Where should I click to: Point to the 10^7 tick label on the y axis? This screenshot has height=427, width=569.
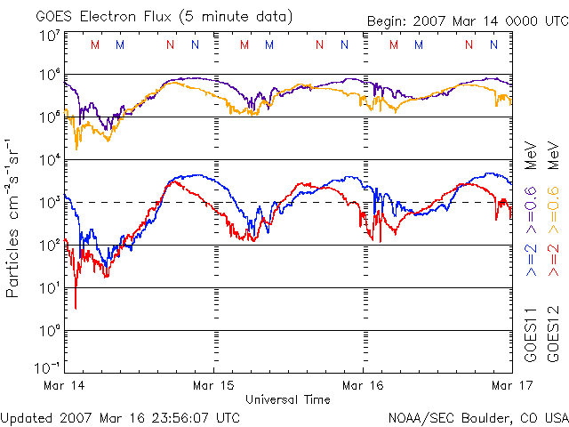49,36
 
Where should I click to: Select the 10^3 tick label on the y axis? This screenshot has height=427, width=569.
49,203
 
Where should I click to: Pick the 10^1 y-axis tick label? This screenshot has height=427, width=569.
49,288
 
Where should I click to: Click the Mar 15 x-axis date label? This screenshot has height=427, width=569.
214,387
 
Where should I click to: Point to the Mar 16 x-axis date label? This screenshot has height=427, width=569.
363,387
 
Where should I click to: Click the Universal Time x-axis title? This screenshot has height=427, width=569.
288,399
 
